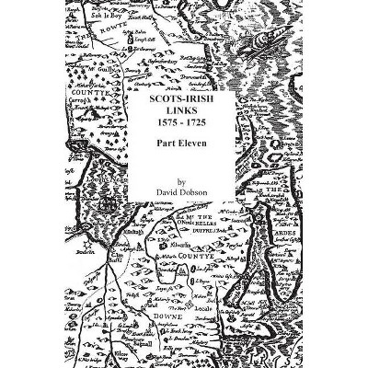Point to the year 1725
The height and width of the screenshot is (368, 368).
pyautogui.click(x=201, y=121)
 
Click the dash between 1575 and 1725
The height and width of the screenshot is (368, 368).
pyautogui.click(x=184, y=121)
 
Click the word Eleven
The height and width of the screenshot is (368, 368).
pyautogui.click(x=195, y=143)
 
